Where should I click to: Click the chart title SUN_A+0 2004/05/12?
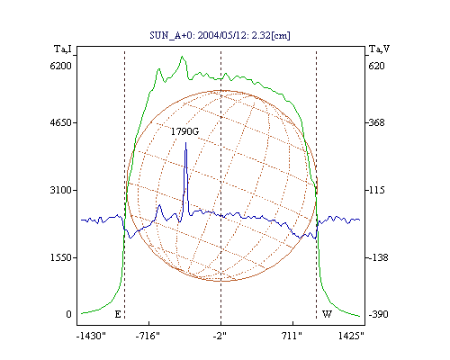point(220,35)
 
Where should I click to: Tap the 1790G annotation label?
point(184,131)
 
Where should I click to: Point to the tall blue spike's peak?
point(185,143)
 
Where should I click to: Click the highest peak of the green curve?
point(182,57)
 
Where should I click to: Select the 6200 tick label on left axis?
point(61,66)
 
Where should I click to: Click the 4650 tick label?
point(61,122)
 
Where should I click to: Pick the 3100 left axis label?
point(61,190)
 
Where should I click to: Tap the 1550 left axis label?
point(61,257)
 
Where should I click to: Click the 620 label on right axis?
point(376,66)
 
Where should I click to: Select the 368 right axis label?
point(375,122)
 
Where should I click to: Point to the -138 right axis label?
point(377,257)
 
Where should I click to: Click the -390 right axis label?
point(378,314)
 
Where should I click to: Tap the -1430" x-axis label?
point(91,336)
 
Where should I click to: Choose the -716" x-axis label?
point(148,336)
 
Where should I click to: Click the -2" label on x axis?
point(220,336)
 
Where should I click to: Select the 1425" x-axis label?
point(351,336)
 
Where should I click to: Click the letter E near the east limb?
point(118,314)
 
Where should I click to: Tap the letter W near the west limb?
point(327,314)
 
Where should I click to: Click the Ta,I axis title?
point(63,49)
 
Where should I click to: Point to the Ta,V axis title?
point(379,49)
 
